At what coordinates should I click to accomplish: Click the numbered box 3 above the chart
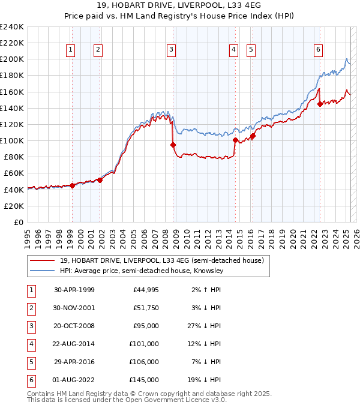click(171, 50)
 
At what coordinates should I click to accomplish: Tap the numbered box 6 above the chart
click(318, 50)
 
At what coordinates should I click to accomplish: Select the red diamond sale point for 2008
click(173, 145)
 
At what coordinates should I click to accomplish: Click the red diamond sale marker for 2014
click(235, 140)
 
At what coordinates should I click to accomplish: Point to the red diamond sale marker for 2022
click(320, 104)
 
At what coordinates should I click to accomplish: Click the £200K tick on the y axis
click(12, 59)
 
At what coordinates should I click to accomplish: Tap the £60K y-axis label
click(14, 173)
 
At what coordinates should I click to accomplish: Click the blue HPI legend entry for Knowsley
click(142, 271)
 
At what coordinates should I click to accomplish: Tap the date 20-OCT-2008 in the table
click(74, 326)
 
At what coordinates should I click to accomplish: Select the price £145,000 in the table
click(145, 380)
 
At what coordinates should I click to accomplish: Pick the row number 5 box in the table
click(30, 362)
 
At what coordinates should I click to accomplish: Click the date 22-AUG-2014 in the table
click(74, 344)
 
